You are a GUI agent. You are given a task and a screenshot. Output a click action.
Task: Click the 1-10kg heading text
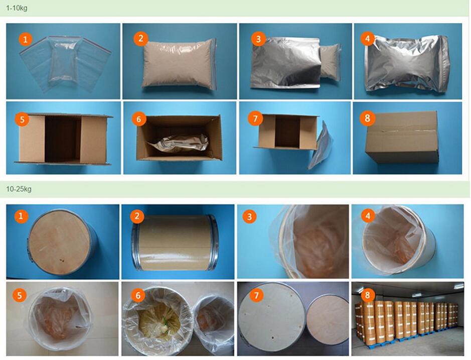(17, 8)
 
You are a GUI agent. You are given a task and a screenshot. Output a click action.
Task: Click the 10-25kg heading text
(19, 189)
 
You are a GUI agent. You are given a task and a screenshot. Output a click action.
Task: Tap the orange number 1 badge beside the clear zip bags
(25, 39)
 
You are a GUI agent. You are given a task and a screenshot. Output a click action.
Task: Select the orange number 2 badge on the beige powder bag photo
(140, 39)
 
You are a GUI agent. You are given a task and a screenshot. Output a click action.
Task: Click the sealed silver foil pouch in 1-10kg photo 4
(407, 63)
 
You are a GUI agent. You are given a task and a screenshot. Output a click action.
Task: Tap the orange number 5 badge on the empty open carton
(22, 119)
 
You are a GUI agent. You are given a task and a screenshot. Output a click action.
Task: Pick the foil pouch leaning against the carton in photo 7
(321, 145)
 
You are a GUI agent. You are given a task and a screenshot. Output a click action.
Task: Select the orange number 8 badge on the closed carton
(367, 118)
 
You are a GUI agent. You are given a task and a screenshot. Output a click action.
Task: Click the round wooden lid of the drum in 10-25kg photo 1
(60, 241)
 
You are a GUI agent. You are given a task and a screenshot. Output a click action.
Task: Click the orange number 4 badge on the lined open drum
(368, 215)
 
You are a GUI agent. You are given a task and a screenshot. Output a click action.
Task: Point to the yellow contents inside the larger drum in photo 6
(156, 321)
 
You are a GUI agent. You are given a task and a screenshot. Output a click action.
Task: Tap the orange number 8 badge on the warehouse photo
(367, 295)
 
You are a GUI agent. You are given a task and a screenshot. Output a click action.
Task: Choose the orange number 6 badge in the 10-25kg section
(138, 296)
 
